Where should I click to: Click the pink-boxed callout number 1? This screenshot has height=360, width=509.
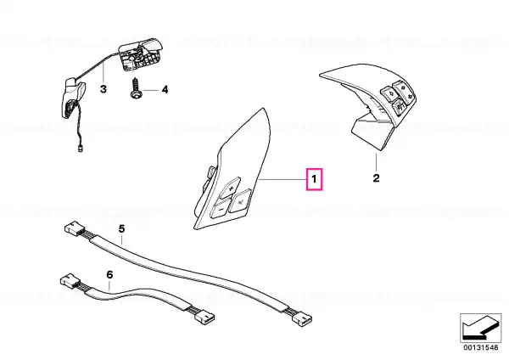click(314, 179)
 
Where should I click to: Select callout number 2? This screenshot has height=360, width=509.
click(376, 178)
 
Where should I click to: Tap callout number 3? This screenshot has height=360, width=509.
click(103, 88)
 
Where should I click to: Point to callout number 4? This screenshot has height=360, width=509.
click(165, 89)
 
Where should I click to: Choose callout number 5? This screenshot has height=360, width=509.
click(121, 228)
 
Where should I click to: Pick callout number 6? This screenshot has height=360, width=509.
click(109, 275)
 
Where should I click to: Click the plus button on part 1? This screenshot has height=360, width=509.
click(230, 188)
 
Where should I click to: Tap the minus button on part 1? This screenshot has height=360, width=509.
click(221, 208)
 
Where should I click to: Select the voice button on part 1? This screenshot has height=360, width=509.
click(240, 202)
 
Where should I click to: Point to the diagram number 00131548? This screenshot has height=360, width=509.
click(481, 347)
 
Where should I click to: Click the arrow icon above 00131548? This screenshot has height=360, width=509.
click(481, 327)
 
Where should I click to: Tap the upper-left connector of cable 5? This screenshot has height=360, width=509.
click(74, 228)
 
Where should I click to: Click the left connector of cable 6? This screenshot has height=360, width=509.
click(69, 280)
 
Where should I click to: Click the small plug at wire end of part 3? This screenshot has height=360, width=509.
click(80, 149)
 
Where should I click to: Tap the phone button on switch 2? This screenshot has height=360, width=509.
click(399, 107)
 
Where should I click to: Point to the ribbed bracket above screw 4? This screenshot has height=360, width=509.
click(140, 57)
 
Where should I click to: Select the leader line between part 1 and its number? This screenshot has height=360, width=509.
click(282, 179)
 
